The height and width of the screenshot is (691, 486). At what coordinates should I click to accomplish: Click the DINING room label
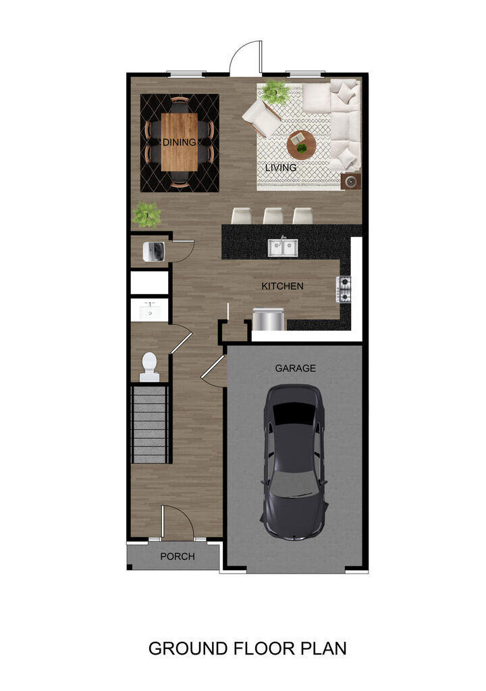tap(179, 142)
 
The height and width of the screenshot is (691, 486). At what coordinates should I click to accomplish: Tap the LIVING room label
tap(281, 167)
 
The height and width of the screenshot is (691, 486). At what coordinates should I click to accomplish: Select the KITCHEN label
tap(282, 286)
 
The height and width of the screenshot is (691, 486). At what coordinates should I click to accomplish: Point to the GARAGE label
tap(295, 368)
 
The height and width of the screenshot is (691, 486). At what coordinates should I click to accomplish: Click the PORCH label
tap(177, 557)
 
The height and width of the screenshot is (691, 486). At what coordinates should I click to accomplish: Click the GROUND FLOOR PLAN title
tap(247, 648)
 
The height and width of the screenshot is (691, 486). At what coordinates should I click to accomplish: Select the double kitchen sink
tap(283, 247)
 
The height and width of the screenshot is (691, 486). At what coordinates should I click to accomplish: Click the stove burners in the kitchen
tap(344, 289)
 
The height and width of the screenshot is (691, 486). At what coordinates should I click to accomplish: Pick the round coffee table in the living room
tap(300, 144)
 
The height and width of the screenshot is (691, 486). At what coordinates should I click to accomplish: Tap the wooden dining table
tap(180, 142)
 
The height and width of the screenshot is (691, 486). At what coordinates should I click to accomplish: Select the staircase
tap(150, 424)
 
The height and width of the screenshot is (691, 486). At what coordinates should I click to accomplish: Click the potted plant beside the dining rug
tap(146, 215)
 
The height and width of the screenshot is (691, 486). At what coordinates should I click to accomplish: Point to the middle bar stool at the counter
tap(273, 215)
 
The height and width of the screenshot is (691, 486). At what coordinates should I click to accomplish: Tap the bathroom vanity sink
tap(148, 312)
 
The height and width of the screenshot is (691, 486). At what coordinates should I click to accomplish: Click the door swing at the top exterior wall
tap(246, 59)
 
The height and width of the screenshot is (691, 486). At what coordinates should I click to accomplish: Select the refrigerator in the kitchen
tap(268, 319)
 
